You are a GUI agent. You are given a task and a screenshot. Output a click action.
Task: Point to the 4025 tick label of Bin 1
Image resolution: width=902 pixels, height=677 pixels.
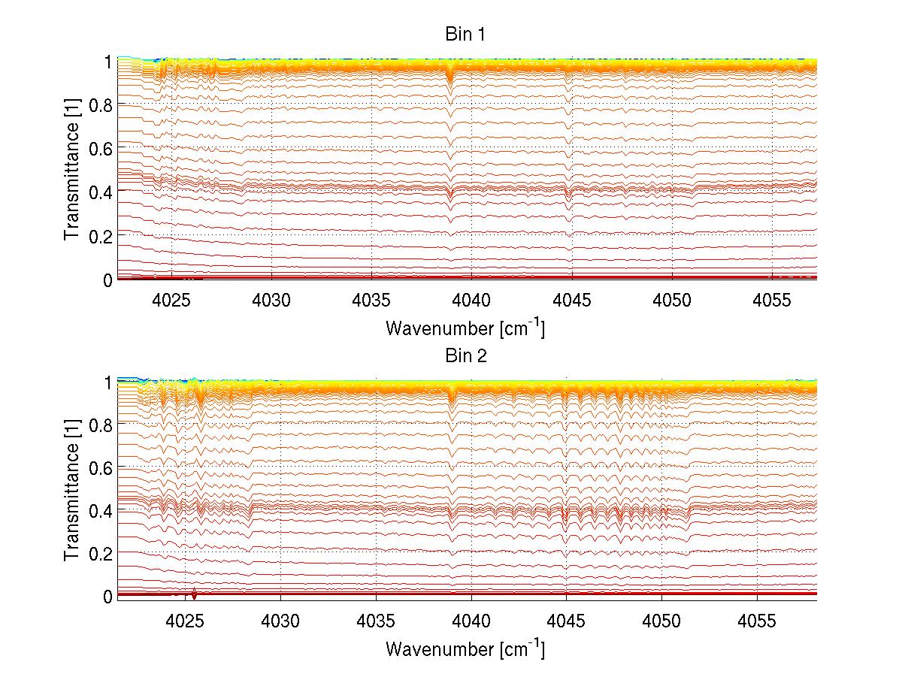coord(172,299)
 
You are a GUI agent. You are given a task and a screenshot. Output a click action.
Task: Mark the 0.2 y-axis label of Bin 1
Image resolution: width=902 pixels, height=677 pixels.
coord(101,236)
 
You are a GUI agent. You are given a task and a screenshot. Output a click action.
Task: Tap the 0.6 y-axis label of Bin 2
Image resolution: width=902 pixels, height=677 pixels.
coord(101,467)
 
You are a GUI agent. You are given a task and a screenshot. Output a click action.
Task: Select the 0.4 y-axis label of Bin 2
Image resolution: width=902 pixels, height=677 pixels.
coord(101,510)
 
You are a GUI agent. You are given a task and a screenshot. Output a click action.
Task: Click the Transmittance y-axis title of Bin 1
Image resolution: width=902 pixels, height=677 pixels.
coord(71,171)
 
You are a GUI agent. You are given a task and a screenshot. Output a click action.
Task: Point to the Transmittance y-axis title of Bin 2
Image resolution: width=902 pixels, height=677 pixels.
coord(71,490)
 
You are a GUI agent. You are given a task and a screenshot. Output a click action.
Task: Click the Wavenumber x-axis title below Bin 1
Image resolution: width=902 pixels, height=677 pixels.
coord(465,328)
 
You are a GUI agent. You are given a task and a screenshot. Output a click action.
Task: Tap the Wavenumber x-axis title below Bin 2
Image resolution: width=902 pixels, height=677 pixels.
coord(465,648)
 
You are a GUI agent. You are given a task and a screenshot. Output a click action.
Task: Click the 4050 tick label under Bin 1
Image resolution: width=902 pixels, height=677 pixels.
coord(672,299)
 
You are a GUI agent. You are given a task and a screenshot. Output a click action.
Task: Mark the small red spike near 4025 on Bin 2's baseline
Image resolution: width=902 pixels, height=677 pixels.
coord(195,594)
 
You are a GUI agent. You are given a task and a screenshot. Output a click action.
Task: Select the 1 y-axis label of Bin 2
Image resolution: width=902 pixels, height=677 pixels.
coord(108,382)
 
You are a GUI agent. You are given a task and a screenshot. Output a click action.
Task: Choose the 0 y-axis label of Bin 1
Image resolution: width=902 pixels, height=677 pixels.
coord(108,280)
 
